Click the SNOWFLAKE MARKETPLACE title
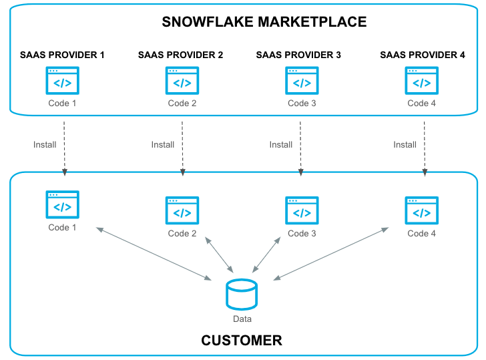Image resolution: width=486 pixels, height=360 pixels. click(264, 22)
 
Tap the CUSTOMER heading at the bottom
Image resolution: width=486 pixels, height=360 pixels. click(242, 341)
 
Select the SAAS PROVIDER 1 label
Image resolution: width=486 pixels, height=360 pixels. click(62, 55)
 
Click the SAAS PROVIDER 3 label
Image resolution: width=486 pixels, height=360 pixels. click(298, 55)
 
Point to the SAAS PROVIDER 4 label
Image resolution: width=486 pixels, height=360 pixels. click(423, 55)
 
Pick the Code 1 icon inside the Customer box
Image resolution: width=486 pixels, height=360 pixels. click(62, 205)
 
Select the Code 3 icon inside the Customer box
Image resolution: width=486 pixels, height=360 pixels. click(302, 211)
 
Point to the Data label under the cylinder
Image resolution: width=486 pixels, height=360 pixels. click(242, 319)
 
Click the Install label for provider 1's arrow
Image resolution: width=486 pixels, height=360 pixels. click(45, 144)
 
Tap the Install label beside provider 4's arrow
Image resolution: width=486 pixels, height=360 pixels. click(405, 144)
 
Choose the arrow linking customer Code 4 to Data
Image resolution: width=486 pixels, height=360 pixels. click(330, 254)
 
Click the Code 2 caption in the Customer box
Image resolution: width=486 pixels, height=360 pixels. click(182, 234)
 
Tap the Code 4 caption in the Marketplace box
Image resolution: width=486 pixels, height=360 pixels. click(422, 104)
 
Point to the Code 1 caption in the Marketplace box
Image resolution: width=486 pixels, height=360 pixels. click(62, 104)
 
